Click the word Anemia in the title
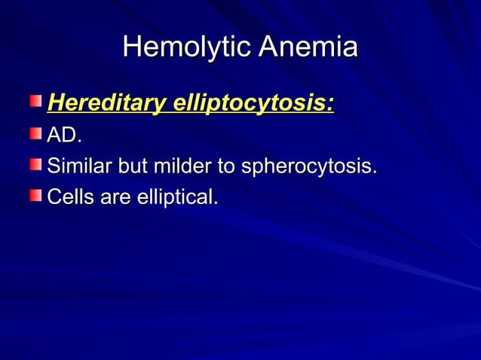click(x=308, y=48)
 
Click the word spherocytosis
click(x=305, y=168)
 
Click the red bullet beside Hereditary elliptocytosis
click(x=36, y=102)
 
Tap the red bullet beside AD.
click(x=36, y=135)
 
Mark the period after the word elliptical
click(x=216, y=204)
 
